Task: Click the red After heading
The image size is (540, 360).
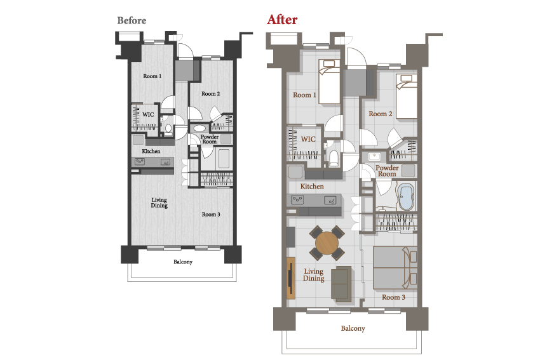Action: coord(282,20)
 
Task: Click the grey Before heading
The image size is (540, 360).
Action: coord(132,21)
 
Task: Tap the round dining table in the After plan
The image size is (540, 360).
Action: coord(327,243)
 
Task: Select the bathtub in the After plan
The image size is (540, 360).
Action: coord(406,197)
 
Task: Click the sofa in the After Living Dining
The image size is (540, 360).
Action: coord(341,284)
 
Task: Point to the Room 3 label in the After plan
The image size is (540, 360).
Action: coord(393,297)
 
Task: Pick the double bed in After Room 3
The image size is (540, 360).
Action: coord(395,268)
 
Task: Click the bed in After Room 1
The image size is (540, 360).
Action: coord(329,81)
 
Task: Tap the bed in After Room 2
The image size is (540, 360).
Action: coord(407,97)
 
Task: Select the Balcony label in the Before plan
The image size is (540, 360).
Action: coord(183,262)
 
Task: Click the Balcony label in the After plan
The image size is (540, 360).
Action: coord(353,328)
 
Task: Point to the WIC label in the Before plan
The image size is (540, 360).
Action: coord(148,115)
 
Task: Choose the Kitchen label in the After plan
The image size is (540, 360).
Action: coord(312,187)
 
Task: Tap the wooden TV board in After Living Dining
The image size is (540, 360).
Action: coord(291,277)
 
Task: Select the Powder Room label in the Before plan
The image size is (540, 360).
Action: coord(210,139)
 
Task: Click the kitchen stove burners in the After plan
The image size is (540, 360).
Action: coord(297,199)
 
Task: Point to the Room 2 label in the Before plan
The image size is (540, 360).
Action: coord(210,93)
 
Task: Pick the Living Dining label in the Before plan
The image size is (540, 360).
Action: coord(159,203)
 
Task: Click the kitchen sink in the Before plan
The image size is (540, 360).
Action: coord(166,162)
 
